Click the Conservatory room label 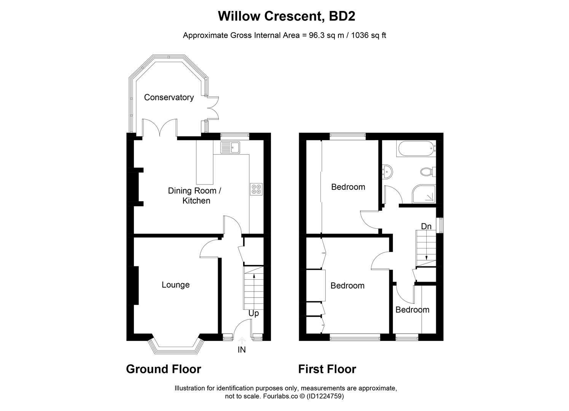169,97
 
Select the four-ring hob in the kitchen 256,189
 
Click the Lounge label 175,285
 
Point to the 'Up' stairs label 253,313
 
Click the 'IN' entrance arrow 242,340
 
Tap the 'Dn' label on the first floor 426,226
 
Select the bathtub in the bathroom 416,148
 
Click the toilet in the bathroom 428,172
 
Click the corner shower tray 423,194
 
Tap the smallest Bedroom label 412,310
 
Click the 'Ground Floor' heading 163,369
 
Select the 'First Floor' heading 327,369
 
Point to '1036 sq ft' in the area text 368,35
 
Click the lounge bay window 175,347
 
